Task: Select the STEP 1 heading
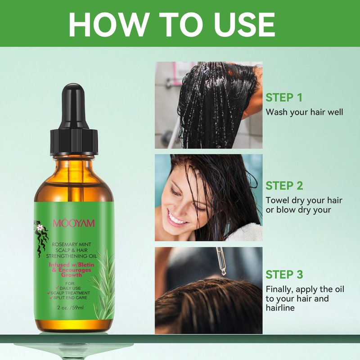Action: [x=284, y=98]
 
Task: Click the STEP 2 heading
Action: [x=284, y=186]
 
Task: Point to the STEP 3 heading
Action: [x=284, y=274]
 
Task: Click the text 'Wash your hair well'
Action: [x=304, y=112]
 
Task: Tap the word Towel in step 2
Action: [x=277, y=200]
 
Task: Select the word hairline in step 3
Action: [x=280, y=308]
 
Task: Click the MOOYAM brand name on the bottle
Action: [x=74, y=223]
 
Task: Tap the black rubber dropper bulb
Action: [x=74, y=106]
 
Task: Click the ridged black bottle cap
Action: [x=74, y=142]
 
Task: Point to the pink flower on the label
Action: [x=40, y=228]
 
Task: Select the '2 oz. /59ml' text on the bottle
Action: [x=71, y=308]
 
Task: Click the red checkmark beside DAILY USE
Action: [x=57, y=288]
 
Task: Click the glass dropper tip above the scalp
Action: [x=223, y=272]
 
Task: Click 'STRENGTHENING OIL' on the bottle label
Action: [x=72, y=256]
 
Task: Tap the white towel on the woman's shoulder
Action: [x=247, y=232]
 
